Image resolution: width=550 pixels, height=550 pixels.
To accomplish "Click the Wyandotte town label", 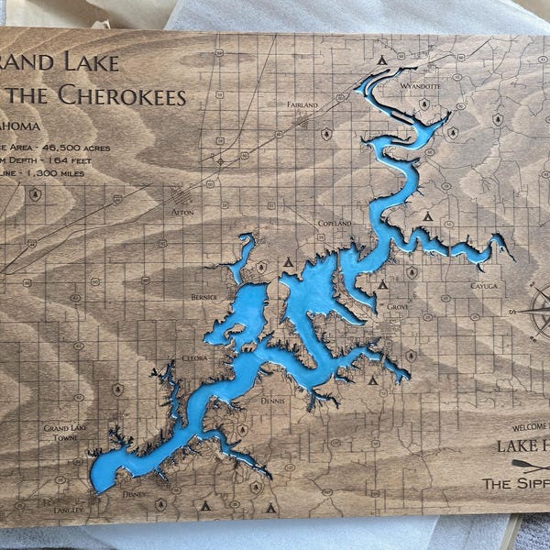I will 421,86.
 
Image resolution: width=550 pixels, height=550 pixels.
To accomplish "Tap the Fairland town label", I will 302,105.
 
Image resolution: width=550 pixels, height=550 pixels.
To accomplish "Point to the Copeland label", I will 335,224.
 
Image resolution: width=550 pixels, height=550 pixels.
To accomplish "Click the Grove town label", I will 397,306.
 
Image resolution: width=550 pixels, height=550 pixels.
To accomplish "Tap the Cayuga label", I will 484,286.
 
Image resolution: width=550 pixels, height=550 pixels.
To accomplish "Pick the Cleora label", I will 195,358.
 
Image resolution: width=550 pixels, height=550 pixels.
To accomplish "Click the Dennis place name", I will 272,401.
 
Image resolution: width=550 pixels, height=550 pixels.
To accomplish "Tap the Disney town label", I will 134,494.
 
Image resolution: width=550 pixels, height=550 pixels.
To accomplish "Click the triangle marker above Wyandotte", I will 382,60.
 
